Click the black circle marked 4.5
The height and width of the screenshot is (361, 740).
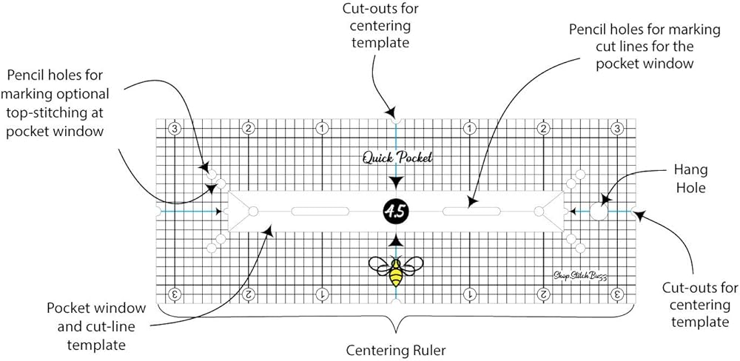(x=396, y=212)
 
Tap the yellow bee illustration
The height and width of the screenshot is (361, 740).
(x=396, y=269)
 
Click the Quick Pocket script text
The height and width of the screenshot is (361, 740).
(x=397, y=157)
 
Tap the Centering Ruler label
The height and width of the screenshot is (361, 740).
(x=397, y=347)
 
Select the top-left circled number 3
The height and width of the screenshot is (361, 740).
(x=175, y=128)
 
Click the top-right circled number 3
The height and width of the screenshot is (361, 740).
(x=616, y=128)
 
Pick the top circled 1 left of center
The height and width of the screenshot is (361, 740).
(x=323, y=128)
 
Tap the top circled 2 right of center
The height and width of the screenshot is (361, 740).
(x=543, y=128)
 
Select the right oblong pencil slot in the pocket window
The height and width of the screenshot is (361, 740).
(x=471, y=212)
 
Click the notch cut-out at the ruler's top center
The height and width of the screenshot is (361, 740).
(x=397, y=120)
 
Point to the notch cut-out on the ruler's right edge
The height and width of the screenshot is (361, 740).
(x=633, y=212)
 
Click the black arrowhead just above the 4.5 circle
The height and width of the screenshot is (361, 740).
(x=397, y=182)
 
